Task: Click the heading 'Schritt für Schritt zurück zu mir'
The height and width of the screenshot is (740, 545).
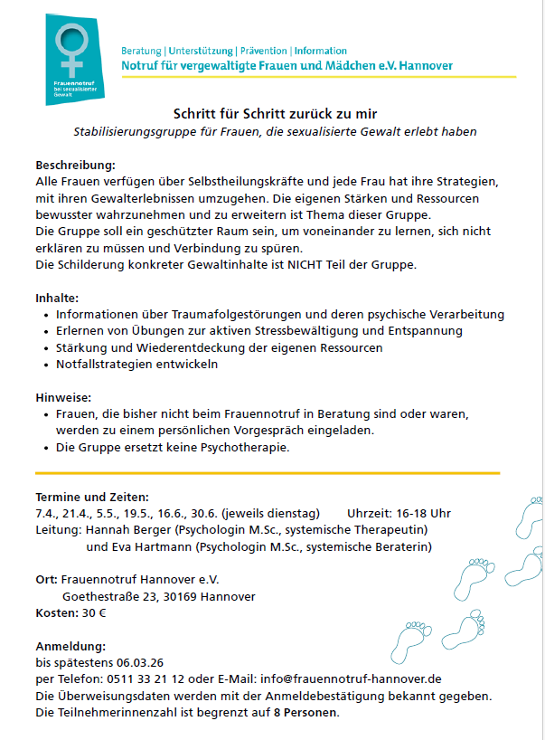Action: click(274, 114)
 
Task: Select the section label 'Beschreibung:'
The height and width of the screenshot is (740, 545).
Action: click(75, 166)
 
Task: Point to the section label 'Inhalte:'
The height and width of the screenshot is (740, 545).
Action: click(57, 298)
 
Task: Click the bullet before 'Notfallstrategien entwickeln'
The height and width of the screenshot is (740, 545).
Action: click(46, 365)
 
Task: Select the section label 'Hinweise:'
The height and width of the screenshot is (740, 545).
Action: click(62, 397)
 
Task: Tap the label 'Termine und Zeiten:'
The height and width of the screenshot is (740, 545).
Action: click(92, 497)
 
